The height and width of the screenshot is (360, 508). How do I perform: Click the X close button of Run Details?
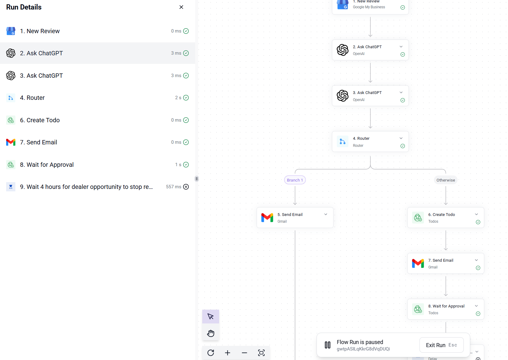181,7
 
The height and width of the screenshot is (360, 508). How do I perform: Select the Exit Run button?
441,345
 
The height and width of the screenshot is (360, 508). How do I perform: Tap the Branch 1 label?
295,180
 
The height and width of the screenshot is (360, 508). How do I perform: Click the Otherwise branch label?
446,180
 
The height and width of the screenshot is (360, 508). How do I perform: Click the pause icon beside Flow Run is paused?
328,345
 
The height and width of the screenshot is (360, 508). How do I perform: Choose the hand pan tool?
211,333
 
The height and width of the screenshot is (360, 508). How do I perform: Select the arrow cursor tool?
211,316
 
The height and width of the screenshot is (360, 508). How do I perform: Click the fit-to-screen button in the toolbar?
261,353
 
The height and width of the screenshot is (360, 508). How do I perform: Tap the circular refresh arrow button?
211,353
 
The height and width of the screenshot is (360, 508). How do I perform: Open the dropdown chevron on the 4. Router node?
401,138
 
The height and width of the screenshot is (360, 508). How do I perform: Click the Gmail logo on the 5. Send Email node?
267,217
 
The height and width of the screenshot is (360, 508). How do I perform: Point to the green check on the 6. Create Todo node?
478,222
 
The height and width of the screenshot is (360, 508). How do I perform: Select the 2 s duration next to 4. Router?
178,98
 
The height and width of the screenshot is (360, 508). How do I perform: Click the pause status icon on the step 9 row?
186,187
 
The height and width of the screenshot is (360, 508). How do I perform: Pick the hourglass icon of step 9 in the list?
11,187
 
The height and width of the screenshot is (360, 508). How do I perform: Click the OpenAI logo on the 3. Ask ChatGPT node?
342,96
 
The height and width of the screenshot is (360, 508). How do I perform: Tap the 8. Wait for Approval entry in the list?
47,165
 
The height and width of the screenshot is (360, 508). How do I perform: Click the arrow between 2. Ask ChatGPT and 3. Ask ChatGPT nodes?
370,73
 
